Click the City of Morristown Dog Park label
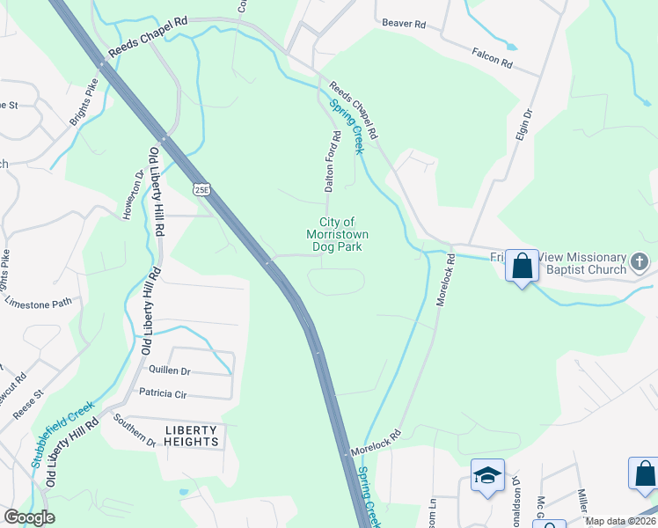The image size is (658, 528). [337, 235]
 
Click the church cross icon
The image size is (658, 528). [640, 261]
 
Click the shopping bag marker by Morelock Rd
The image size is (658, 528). [523, 264]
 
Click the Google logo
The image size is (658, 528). [29, 517]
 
